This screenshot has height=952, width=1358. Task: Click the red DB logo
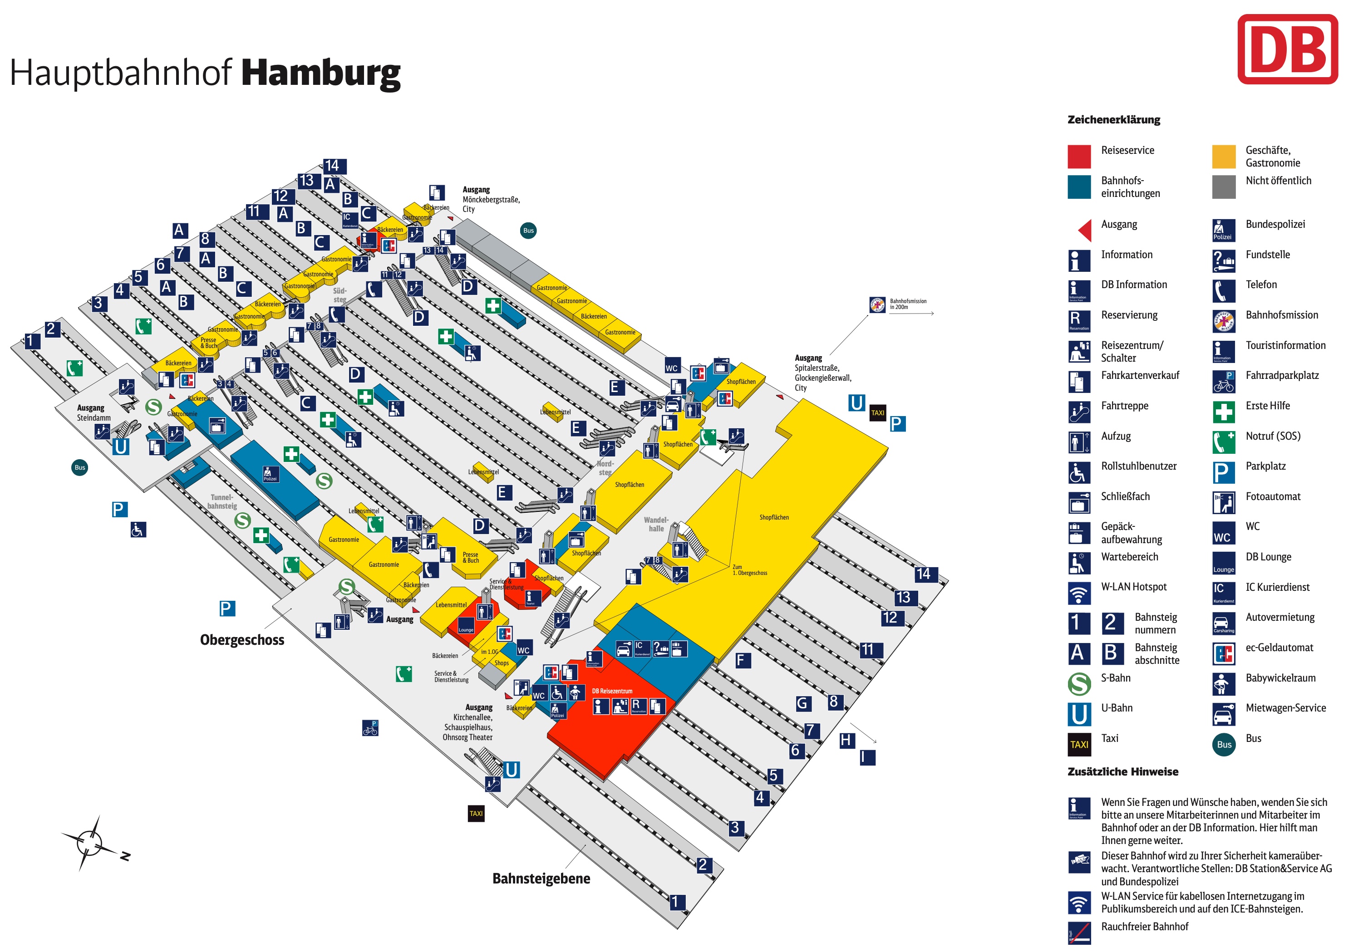(1287, 49)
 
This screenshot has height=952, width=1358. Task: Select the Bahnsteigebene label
(541, 878)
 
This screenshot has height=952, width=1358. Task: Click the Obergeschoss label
(242, 640)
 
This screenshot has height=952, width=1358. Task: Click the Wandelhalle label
(655, 525)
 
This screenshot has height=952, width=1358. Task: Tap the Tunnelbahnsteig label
(222, 501)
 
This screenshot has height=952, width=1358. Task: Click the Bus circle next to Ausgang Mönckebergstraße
(528, 231)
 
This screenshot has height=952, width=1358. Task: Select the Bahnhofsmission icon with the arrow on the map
(877, 304)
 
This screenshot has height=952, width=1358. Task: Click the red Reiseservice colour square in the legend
(1079, 156)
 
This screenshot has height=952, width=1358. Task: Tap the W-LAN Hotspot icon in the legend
(1079, 593)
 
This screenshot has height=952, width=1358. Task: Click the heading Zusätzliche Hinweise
(1122, 772)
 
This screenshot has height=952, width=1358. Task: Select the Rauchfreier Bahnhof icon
(1079, 932)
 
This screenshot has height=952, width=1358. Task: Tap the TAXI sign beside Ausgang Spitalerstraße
(877, 413)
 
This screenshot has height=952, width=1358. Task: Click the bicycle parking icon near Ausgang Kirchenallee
(370, 728)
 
